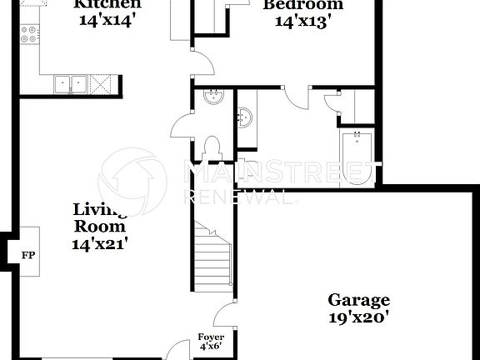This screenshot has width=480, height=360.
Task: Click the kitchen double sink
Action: (x=71, y=82)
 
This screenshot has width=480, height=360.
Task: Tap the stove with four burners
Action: (x=29, y=35)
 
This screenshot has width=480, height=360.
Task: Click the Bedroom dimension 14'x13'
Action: (x=302, y=20)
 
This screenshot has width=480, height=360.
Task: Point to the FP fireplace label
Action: (x=28, y=255)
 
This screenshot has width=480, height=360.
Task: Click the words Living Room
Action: (x=99, y=217)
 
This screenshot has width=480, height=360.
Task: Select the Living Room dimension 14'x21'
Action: (x=99, y=243)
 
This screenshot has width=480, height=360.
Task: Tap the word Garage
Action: (x=358, y=300)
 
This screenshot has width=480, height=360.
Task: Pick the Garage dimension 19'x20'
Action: (x=358, y=317)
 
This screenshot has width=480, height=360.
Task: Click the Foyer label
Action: (x=211, y=337)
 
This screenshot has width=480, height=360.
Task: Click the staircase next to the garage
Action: (x=213, y=254)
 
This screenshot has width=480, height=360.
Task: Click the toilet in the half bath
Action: (x=212, y=147)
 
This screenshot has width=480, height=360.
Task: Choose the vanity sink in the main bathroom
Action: (x=245, y=117)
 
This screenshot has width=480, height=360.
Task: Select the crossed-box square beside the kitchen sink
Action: (x=101, y=83)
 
